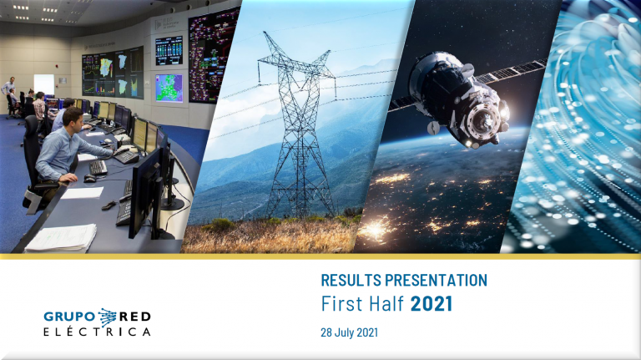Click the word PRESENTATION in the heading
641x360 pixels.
click(437, 280)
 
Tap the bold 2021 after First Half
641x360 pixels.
click(432, 304)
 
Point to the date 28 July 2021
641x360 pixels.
click(349, 332)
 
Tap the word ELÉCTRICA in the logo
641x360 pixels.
click(97, 332)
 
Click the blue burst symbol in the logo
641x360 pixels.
click(107, 318)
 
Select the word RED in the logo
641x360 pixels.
click(135, 317)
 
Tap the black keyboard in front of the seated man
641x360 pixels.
click(98, 167)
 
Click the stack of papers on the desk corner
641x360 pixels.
click(61, 238)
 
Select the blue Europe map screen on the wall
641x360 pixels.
click(169, 88)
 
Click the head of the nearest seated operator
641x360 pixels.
click(73, 118)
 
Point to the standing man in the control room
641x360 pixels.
click(8, 94)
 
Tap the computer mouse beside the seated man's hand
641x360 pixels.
click(89, 179)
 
